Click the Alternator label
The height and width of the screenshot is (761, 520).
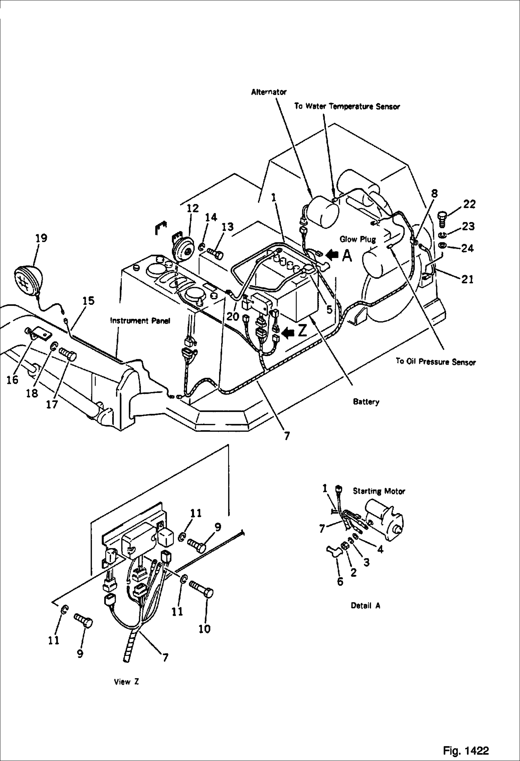(x=269, y=92)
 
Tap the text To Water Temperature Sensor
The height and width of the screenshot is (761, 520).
(x=347, y=106)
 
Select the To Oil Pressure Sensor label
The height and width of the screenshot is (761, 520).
(x=436, y=362)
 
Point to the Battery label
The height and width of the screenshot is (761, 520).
(x=366, y=402)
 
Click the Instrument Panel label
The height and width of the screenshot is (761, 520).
(x=140, y=321)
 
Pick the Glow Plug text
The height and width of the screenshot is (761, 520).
(x=358, y=239)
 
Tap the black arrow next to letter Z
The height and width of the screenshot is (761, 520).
(x=288, y=333)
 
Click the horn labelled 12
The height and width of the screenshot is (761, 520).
(x=183, y=251)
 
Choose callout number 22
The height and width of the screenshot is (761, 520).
(x=469, y=204)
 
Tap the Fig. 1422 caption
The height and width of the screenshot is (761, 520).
(x=466, y=751)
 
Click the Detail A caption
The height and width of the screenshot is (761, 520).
(x=366, y=606)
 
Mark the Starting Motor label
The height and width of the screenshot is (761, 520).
(x=379, y=491)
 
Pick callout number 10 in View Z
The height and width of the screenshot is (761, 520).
(x=204, y=629)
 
